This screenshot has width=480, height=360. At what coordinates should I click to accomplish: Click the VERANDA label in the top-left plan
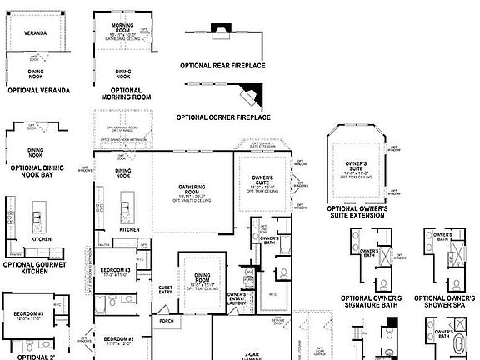[x=36, y=34]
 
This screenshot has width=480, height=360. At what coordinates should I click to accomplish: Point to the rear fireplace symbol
[x=220, y=33]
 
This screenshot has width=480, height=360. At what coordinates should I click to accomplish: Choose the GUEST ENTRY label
[x=165, y=290]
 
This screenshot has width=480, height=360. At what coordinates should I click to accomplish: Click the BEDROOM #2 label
[x=117, y=338]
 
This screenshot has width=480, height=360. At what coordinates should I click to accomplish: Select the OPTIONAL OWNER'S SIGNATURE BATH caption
[x=372, y=302]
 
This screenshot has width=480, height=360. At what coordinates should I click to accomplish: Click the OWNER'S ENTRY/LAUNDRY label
[x=237, y=298]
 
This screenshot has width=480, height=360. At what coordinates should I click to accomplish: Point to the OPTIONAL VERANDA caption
[x=37, y=89]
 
